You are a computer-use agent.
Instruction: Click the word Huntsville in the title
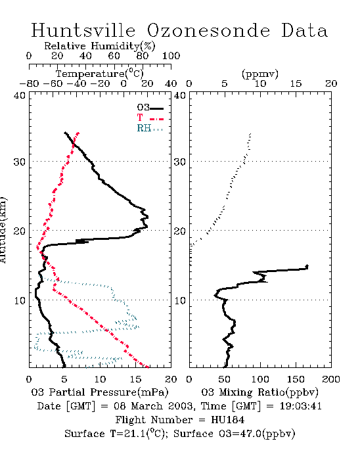tap(83, 30)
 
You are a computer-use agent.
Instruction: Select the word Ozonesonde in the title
tap(208, 30)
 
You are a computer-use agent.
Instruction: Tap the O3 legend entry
tap(150, 108)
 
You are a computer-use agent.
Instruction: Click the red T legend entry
tap(150, 118)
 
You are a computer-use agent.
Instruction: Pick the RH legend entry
tap(150, 128)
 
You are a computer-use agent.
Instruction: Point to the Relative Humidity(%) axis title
tap(100, 46)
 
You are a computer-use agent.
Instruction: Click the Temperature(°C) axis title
tap(100, 74)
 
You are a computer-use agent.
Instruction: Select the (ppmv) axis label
tap(260, 74)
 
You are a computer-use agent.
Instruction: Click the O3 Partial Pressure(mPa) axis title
tap(100, 392)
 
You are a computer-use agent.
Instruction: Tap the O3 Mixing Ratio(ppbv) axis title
tap(259, 392)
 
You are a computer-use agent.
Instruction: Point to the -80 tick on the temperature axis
tap(29, 84)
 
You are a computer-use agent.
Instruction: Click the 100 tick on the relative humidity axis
tap(171, 56)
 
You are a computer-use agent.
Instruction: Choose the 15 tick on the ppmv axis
tap(296, 84)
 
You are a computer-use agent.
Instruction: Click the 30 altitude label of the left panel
tap(19, 162)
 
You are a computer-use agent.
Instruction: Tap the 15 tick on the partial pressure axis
tap(135, 380)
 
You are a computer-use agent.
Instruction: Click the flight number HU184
tap(228, 420)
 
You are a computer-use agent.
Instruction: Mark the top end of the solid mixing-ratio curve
tap(307, 265)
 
